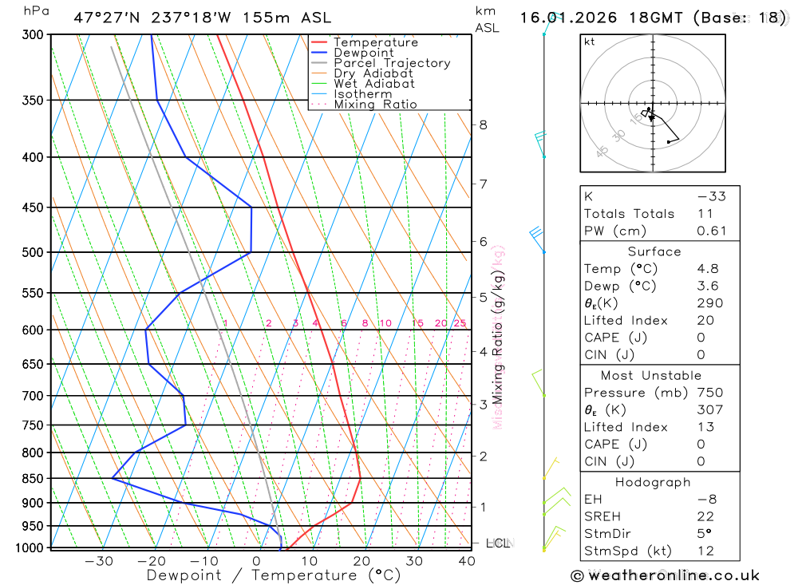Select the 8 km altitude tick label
pyautogui.click(x=483, y=125)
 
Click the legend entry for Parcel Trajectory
pyautogui.click(x=392, y=63)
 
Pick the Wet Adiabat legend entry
pyautogui.click(x=374, y=84)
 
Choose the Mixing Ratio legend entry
pyautogui.click(x=375, y=105)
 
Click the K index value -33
pyautogui.click(x=711, y=196)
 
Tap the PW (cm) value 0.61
pyautogui.click(x=712, y=231)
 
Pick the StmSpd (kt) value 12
pyautogui.click(x=705, y=551)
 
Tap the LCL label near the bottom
pyautogui.click(x=498, y=543)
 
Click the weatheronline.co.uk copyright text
pyautogui.click(x=666, y=575)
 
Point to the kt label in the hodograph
pyautogui.click(x=589, y=42)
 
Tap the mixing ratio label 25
pyautogui.click(x=460, y=323)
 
